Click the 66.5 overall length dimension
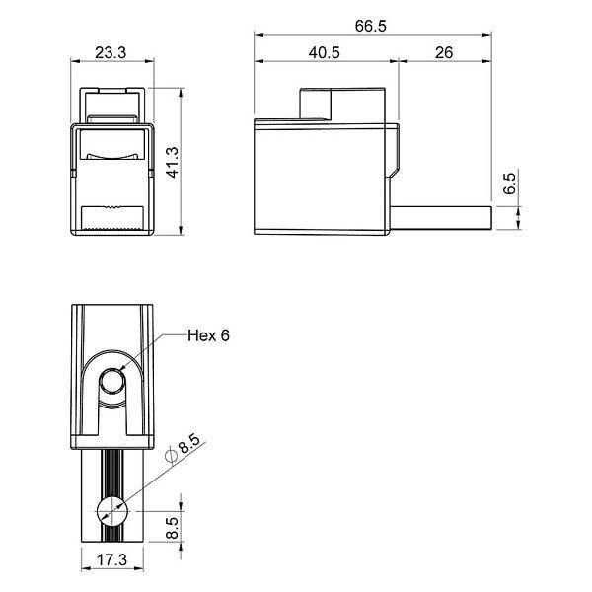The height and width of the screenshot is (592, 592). point(370,26)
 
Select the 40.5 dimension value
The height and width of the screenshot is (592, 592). point(324,52)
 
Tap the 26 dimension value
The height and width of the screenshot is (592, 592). point(444,52)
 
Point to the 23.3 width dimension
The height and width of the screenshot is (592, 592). point(111,52)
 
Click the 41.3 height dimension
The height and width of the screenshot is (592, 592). point(172,162)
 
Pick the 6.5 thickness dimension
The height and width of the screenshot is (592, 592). point(509,184)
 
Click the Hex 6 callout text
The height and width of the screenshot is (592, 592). point(208,335)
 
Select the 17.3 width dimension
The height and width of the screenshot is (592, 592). point(112,559)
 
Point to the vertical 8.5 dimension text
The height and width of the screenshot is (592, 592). point(172,528)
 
